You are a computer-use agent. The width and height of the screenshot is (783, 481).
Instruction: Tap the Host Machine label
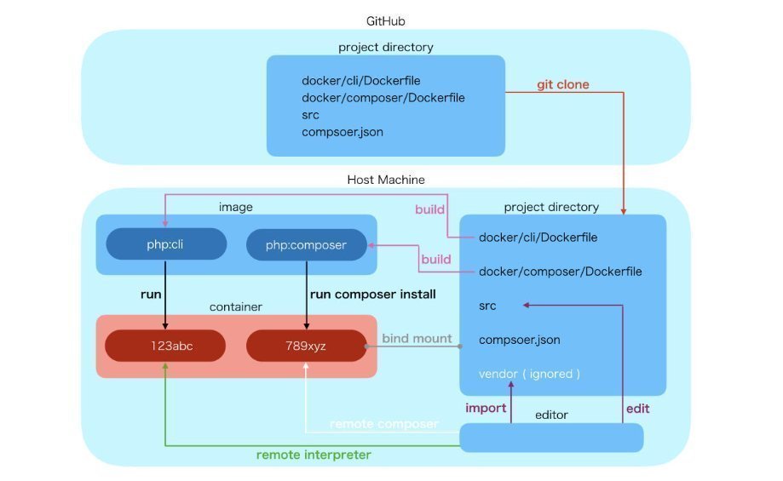(386, 180)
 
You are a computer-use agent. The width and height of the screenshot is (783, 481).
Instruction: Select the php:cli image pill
(165, 244)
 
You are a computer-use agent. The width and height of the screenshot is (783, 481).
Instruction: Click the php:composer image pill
(306, 244)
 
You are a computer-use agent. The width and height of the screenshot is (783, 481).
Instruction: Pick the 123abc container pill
(164, 346)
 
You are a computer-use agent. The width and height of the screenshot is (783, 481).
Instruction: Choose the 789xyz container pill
(306, 346)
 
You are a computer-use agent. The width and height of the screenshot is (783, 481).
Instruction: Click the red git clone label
(562, 85)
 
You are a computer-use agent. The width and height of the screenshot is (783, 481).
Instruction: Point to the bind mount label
(417, 338)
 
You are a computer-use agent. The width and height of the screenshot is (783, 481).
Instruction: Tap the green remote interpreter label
(314, 455)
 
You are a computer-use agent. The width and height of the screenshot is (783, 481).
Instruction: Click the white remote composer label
(383, 423)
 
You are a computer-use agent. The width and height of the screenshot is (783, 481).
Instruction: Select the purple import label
(486, 408)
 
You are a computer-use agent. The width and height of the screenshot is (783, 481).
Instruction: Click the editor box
(551, 437)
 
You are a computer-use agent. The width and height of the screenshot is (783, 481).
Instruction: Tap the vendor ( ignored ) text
(529, 373)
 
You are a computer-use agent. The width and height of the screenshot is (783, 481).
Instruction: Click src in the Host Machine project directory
(487, 306)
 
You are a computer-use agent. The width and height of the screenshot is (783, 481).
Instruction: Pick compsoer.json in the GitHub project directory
(342, 132)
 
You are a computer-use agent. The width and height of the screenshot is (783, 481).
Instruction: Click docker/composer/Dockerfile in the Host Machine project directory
(560, 272)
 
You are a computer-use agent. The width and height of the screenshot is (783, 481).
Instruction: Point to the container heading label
(235, 306)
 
